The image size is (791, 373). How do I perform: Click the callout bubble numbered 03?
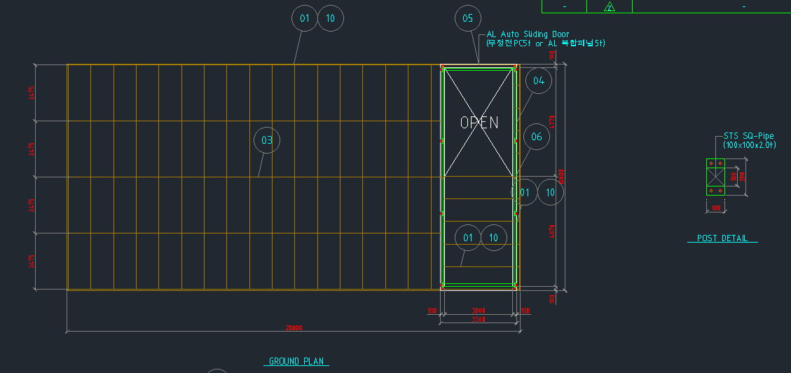[x=267, y=140]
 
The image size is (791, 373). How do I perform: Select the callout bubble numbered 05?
[x=468, y=18]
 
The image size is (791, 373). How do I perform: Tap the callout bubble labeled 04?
[x=538, y=81]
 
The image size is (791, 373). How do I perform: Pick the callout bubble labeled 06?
[x=537, y=137]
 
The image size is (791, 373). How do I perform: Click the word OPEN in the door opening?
[x=479, y=122]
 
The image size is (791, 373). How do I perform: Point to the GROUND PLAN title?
[x=297, y=362]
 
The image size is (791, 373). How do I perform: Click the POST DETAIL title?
[x=722, y=238]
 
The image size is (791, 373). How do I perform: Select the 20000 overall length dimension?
[x=294, y=328]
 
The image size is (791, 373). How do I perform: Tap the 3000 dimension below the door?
[x=479, y=311]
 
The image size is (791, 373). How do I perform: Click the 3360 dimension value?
[x=479, y=320]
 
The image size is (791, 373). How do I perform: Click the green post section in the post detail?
[x=716, y=177]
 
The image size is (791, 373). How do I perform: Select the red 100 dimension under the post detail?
[x=716, y=208]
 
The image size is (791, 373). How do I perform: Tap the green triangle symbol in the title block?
[x=610, y=7]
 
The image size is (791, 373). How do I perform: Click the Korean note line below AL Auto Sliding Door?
[x=542, y=43]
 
